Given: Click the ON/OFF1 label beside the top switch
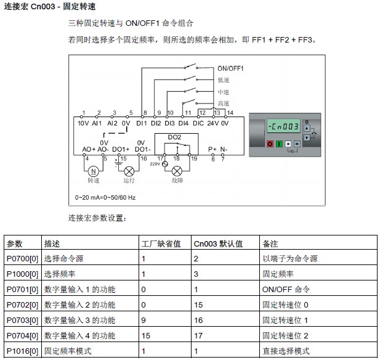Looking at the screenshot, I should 230,68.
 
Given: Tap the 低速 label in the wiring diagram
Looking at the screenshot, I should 223,80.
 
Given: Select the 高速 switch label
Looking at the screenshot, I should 223,103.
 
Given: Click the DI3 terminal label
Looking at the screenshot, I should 169,123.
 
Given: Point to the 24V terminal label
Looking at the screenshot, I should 213,123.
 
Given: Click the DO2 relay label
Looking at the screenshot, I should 174,137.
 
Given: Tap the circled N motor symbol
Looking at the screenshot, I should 94,171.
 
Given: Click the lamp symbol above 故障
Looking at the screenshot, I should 177,170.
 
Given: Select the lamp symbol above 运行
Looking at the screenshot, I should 129,171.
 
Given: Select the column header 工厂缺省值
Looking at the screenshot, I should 161,243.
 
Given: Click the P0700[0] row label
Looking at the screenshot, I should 22,259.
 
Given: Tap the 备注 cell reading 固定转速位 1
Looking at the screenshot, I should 285,321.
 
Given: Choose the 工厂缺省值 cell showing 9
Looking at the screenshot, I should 144,321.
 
